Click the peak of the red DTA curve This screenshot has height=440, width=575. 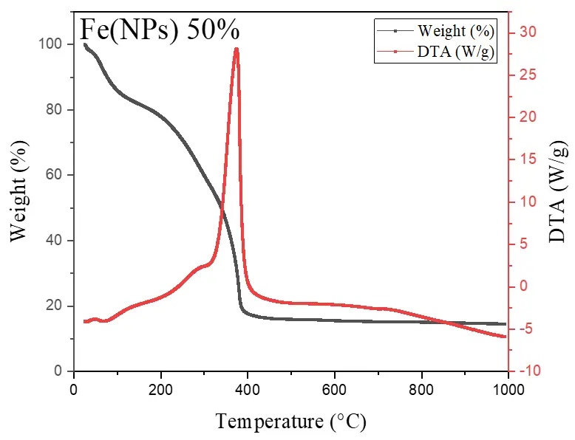point(237,49)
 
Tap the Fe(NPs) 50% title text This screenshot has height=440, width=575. point(160,30)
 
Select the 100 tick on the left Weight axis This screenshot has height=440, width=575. point(52,44)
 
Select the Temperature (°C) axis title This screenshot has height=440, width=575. point(290,422)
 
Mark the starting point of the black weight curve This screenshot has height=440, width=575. point(84,44)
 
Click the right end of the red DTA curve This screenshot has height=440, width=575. point(506,337)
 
